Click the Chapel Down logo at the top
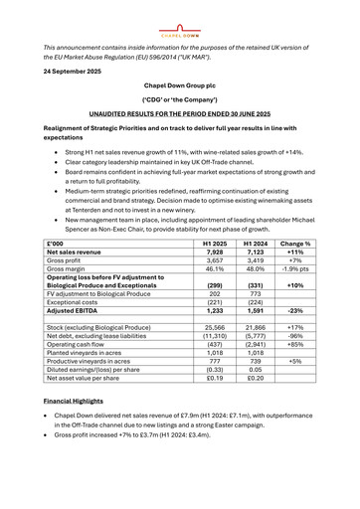180,15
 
